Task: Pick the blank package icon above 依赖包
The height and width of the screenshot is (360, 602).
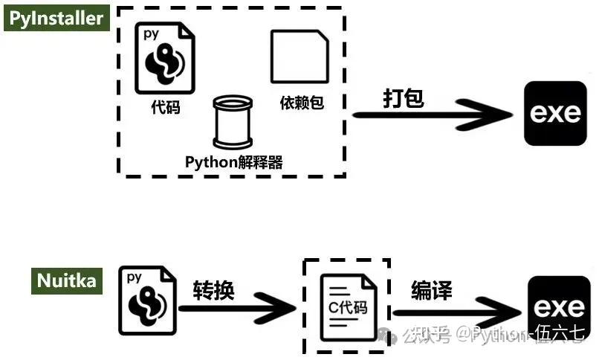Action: [300, 57]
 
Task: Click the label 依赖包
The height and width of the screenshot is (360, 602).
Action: [301, 103]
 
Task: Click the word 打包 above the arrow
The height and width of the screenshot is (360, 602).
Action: [404, 98]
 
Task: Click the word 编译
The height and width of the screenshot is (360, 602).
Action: [432, 290]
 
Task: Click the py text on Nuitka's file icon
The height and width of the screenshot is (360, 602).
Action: [135, 277]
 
